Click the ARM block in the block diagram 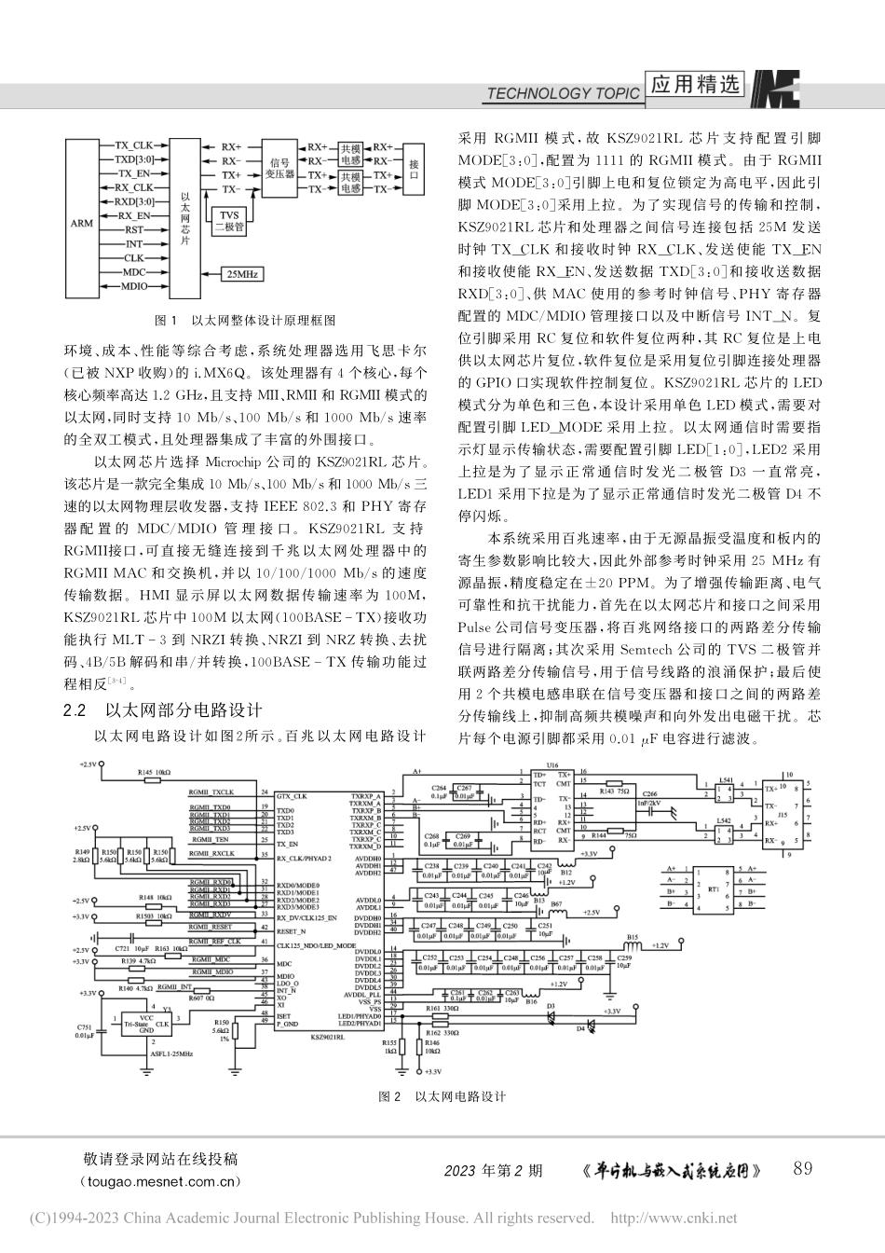82,224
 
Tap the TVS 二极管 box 229,220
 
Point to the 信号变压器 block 280,168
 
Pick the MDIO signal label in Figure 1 134,286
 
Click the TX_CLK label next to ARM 134,146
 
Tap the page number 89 803,1168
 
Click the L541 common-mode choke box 726,792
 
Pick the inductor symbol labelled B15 633,943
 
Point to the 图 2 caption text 442,1096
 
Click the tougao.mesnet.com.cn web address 161,1181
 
